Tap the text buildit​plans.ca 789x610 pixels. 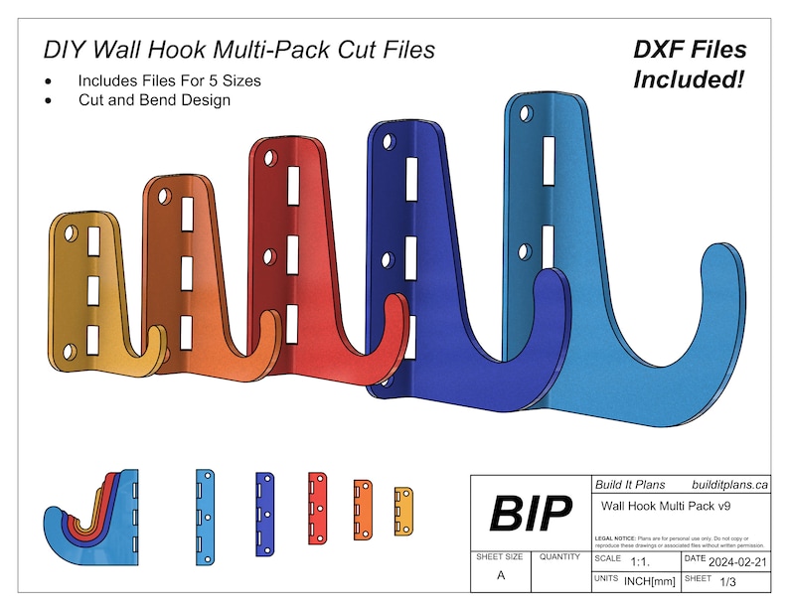click(729, 485)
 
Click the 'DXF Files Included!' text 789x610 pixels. click(690, 64)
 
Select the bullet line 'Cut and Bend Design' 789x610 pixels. click(154, 99)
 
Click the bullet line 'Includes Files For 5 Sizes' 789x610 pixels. click(170, 79)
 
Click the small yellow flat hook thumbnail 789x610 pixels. click(403, 511)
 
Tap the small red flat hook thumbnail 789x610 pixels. click(317, 508)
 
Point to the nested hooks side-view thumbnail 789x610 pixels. click(90, 516)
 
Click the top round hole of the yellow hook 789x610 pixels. click(71, 232)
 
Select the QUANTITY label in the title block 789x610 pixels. click(559, 557)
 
